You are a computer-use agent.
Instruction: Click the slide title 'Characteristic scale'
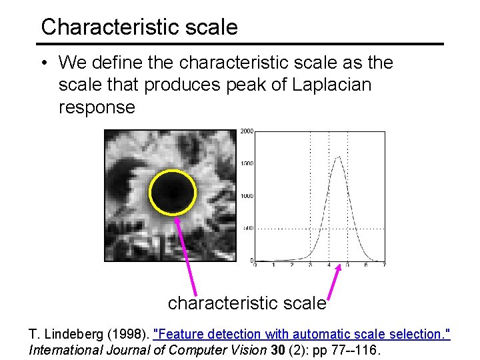(139, 27)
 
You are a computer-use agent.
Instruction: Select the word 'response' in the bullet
(97, 107)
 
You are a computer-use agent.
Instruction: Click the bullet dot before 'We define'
(42, 63)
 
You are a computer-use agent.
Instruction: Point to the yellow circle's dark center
(173, 193)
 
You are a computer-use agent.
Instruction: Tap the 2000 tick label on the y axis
(246, 131)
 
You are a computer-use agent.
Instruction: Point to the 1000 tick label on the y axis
(246, 196)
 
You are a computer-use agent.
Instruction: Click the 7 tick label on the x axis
(385, 265)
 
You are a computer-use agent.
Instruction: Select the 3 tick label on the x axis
(310, 265)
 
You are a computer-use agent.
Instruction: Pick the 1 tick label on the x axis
(273, 265)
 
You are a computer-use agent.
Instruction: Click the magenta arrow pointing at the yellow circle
(186, 253)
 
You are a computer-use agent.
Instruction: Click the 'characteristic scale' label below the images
(247, 303)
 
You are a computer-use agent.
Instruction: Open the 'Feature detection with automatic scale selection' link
(301, 333)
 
